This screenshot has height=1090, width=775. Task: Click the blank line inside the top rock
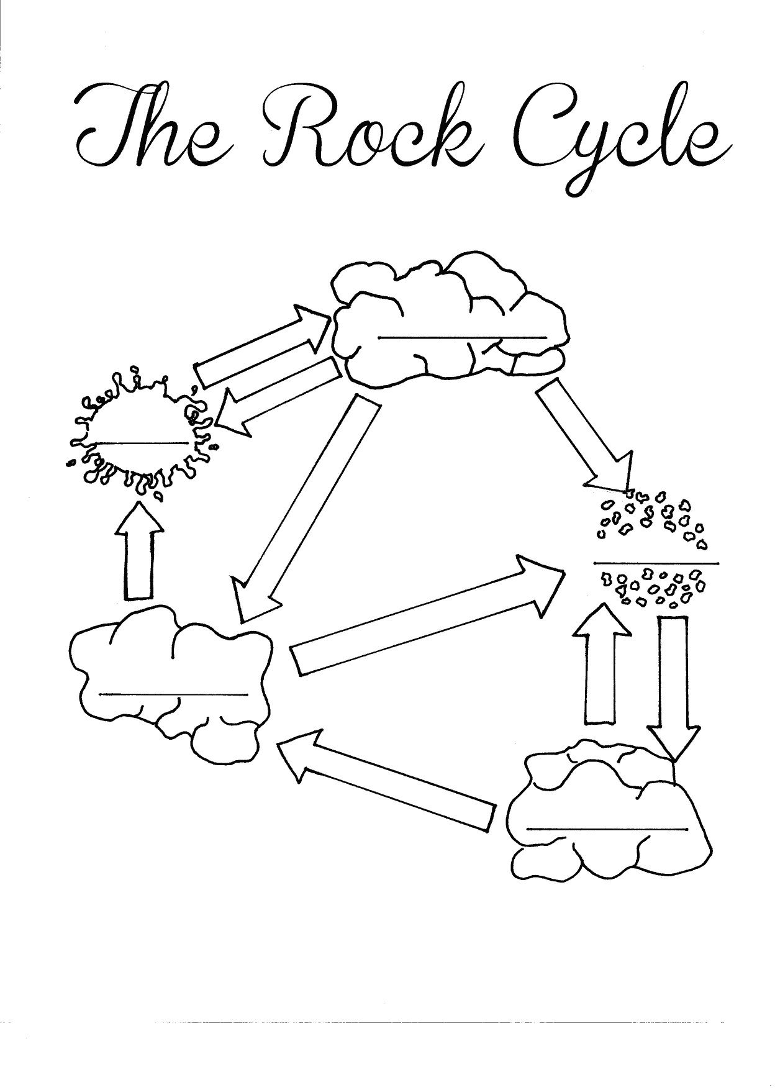click(x=462, y=338)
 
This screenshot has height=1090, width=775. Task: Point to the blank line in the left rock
click(x=173, y=694)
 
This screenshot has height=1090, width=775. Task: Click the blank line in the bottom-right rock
click(x=608, y=828)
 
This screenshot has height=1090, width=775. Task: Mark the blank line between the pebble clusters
click(x=656, y=563)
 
